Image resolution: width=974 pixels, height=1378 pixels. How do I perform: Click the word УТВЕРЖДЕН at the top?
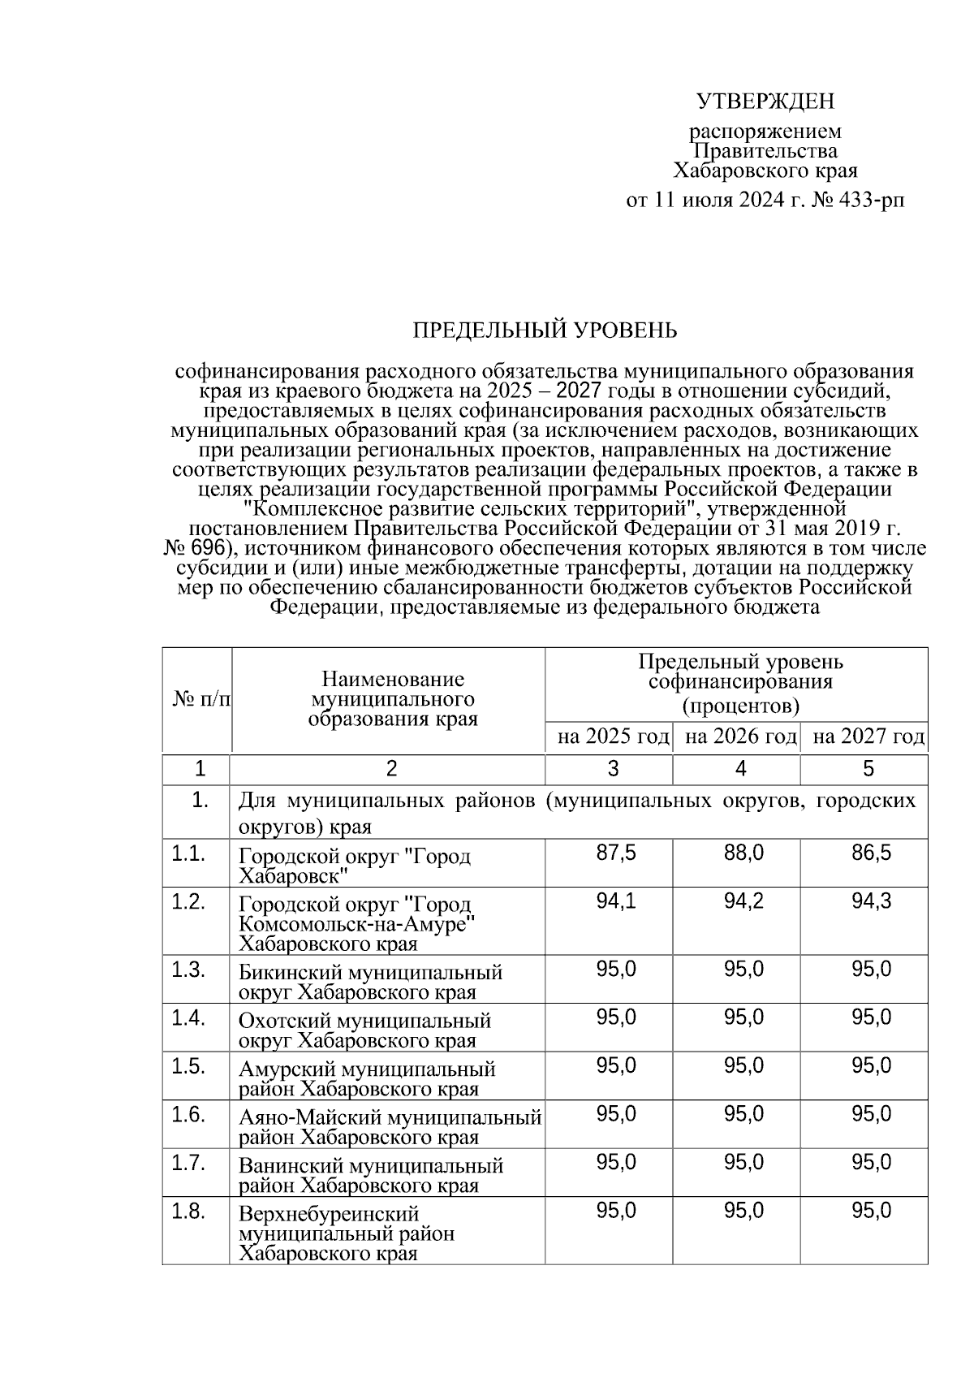click(x=765, y=102)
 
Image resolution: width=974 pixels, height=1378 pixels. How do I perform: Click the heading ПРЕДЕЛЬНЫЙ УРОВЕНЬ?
click(x=545, y=330)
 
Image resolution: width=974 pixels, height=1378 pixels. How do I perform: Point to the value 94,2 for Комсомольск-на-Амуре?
click(x=743, y=901)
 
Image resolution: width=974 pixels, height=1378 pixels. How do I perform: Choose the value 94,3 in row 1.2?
click(x=871, y=901)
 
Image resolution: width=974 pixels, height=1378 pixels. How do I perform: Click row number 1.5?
click(x=187, y=1066)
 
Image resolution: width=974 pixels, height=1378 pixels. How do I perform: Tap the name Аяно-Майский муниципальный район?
click(x=390, y=1127)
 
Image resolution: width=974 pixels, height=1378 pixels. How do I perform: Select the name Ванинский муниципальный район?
click(x=371, y=1175)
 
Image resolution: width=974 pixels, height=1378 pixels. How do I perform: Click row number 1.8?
click(x=187, y=1212)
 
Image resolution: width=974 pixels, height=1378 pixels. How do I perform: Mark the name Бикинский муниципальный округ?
click(x=371, y=982)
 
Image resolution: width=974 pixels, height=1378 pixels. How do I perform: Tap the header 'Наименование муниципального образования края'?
click(x=393, y=699)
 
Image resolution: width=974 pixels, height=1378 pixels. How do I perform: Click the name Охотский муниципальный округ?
click(x=365, y=1030)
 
